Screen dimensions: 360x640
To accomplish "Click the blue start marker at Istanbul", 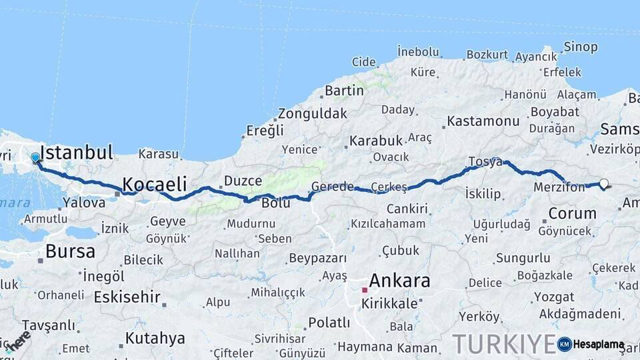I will [35, 158].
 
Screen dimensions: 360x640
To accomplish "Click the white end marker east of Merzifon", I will [604, 183].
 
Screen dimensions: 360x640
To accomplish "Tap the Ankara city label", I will [399, 281].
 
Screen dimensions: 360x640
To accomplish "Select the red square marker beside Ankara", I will [365, 291].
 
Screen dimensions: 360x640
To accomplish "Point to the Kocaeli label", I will [154, 183].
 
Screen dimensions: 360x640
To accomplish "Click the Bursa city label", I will [70, 251].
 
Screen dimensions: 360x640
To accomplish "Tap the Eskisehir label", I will [127, 296].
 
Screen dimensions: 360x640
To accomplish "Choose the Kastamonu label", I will [483, 121].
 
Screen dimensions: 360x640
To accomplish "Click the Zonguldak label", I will [312, 113].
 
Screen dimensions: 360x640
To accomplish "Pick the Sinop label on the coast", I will [581, 47].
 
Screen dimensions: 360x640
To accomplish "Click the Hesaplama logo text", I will [599, 345].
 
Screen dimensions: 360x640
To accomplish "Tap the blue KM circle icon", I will [565, 344].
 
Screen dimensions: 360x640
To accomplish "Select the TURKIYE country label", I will [503, 344].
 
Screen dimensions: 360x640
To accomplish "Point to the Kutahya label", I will [155, 338].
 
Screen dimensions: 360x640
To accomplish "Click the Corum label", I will [572, 213].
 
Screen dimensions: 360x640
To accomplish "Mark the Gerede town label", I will [333, 187].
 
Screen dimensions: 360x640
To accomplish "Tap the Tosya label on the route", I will [485, 161].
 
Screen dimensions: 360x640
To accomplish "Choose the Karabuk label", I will [376, 141].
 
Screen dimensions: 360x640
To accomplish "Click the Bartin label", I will [344, 90].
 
